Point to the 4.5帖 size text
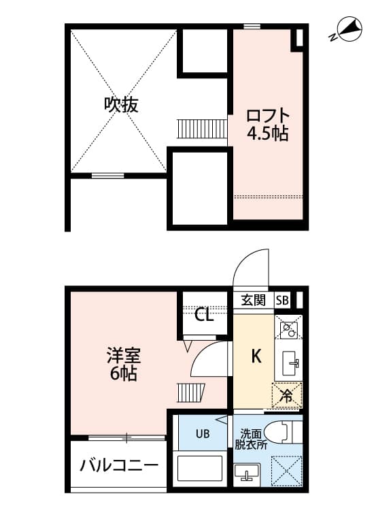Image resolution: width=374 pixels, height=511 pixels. coord(267,134)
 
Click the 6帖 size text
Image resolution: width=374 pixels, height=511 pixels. coord(122,373)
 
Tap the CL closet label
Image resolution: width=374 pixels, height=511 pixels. coord(203,315)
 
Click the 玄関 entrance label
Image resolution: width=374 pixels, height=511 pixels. coord(254,300)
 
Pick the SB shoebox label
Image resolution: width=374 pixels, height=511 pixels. coord(282,300)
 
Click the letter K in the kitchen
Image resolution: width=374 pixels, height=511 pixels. coord(256,356)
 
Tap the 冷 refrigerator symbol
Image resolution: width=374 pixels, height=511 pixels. coord(287,395)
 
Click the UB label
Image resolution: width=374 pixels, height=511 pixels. coord(203,433)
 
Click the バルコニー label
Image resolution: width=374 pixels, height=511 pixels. coord(118,466)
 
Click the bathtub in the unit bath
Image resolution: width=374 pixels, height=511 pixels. coord(201,470)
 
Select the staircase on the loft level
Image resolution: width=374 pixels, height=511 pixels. coord(201,127)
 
